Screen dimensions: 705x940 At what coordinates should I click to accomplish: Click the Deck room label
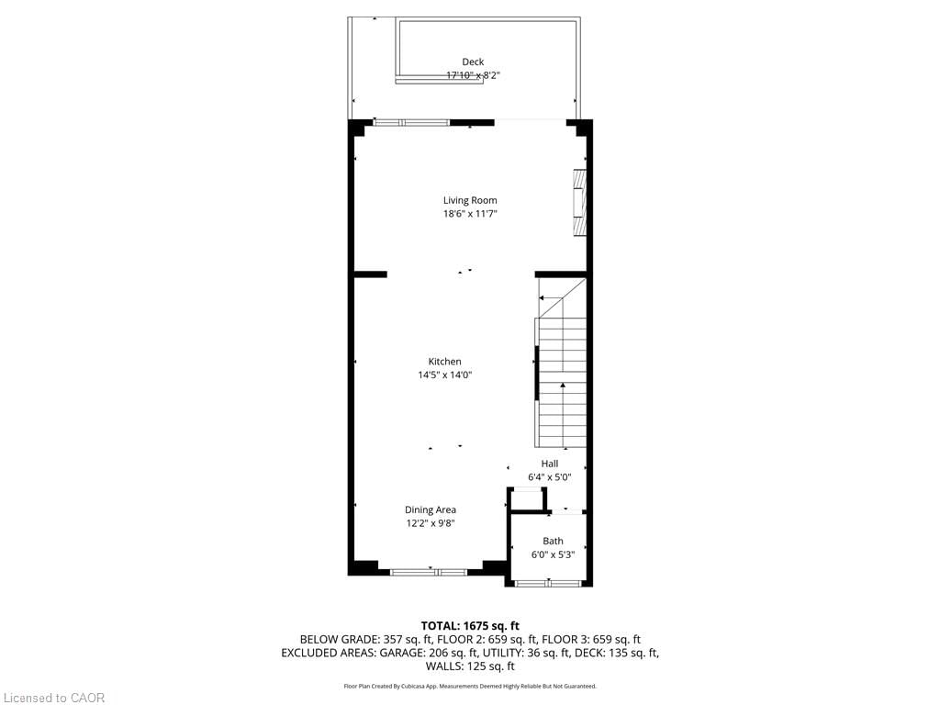pos(473,62)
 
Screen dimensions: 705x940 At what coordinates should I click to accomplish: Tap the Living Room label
pos(470,200)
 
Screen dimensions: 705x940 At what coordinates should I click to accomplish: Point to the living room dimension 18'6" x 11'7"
pos(470,214)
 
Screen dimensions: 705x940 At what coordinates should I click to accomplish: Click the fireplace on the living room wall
pos(579,204)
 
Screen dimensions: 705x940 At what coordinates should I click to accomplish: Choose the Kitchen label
pos(444,362)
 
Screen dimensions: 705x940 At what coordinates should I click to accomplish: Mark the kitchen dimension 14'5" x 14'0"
pos(444,375)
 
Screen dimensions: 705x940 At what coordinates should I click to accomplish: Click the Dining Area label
pos(431,509)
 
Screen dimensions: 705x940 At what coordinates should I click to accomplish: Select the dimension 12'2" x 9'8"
pos(431,523)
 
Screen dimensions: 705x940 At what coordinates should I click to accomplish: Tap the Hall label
pos(549,464)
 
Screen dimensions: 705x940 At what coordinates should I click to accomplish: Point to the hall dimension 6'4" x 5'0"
pos(549,477)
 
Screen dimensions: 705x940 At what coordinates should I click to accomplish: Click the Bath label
pos(553,541)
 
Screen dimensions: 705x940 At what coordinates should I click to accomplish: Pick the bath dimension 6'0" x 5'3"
pos(553,554)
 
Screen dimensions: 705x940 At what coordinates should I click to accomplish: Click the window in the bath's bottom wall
pos(548,583)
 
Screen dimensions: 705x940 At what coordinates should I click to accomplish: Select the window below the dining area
pos(428,572)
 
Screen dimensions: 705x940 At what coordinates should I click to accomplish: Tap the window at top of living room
pos(411,122)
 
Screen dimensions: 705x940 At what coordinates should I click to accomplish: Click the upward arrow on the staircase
pos(563,387)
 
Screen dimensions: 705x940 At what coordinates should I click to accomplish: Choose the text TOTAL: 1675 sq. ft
pos(470,625)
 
